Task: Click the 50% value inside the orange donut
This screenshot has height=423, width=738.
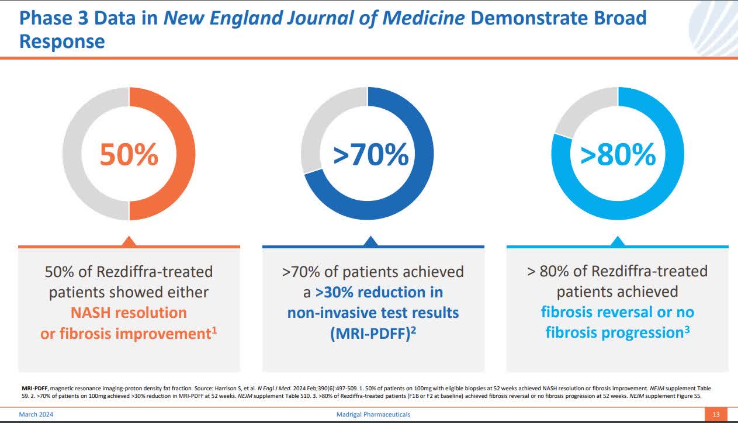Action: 129,154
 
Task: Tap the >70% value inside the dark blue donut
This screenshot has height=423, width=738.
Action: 371,154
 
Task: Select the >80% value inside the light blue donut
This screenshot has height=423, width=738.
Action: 618,154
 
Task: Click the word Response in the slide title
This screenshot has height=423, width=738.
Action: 62,41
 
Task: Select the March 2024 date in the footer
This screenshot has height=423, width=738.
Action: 38,414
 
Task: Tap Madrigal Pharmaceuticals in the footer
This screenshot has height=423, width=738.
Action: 370,414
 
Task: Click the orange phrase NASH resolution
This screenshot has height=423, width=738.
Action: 129,313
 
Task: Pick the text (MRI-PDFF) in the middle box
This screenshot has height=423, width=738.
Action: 369,333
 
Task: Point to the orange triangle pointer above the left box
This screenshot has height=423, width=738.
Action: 129,241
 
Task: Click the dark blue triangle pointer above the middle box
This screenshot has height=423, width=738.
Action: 370,241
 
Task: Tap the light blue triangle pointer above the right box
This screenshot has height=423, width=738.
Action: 618,241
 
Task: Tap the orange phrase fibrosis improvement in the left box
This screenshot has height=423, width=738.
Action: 126,334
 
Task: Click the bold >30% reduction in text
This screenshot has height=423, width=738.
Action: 379,292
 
